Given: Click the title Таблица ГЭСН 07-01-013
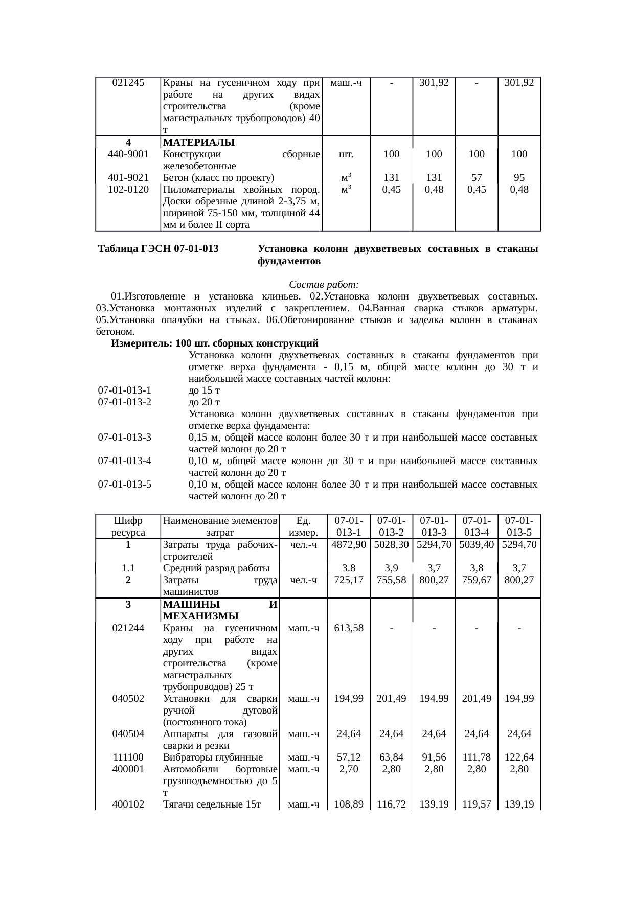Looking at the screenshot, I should pos(159,249).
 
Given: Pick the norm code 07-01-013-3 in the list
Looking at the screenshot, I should pos(125,438).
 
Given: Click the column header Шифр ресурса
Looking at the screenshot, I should pos(128,526).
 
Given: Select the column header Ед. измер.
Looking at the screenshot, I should pos(304,526).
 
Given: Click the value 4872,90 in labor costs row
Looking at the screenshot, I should pos(349,545).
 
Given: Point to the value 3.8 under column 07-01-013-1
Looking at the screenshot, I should pos(349,568).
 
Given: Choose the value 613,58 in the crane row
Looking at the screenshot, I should pos(349,628).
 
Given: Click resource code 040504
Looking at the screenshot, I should pos(128,734).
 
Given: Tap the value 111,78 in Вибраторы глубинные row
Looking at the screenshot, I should pos(476,757).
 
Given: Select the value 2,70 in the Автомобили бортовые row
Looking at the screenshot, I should pos(349,769).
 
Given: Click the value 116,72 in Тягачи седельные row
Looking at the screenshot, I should pos(391,805).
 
